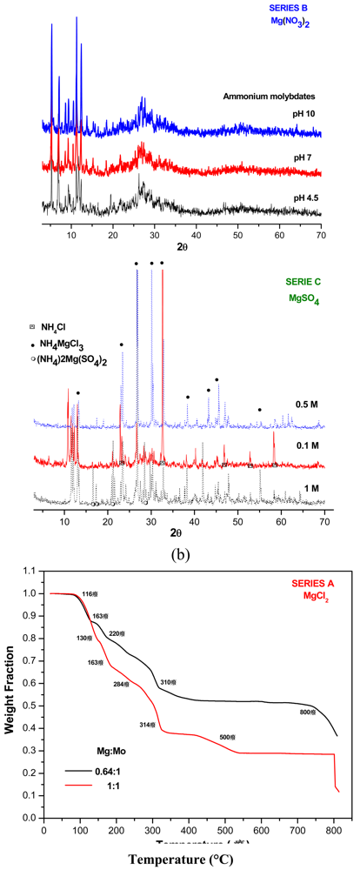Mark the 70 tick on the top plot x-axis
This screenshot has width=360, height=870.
(322, 236)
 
